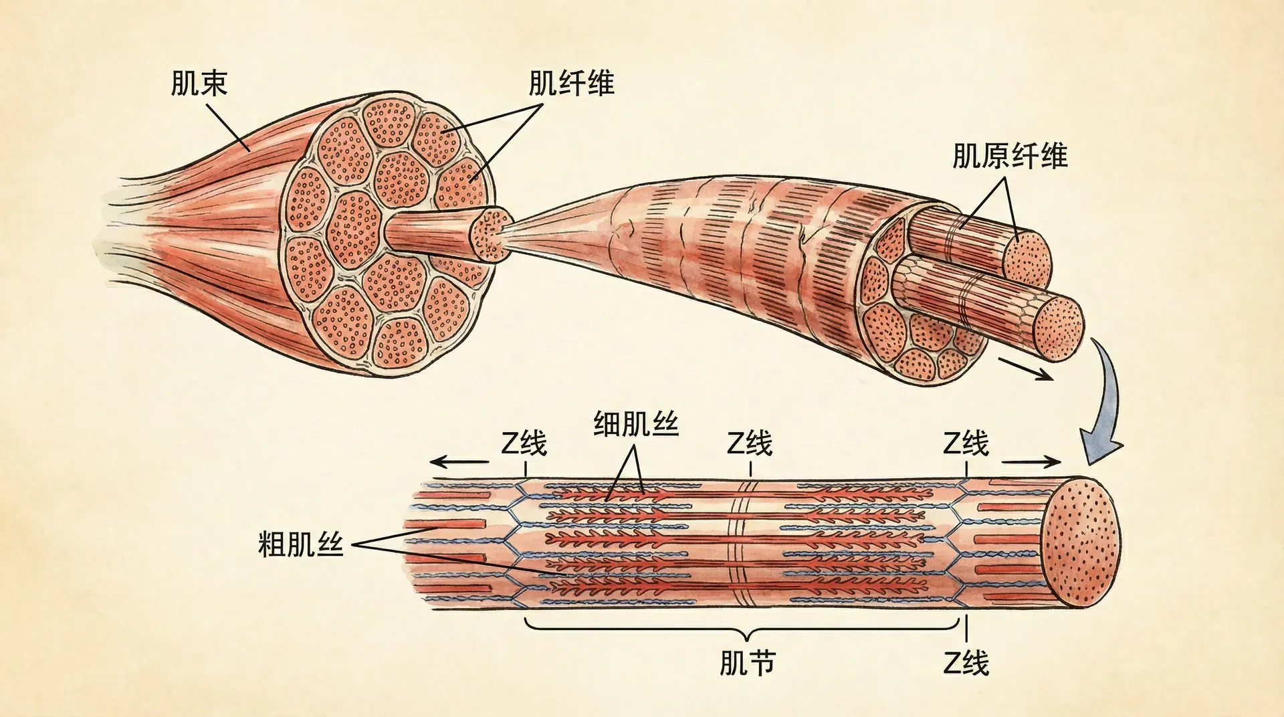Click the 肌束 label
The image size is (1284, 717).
pos(199,84)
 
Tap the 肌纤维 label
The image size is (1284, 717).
pos(571,84)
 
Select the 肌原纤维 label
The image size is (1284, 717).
pos(1010,156)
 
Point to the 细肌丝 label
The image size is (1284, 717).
pos(636,424)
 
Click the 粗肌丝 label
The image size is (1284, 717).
pos(300,544)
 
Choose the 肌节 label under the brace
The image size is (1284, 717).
pos(747,663)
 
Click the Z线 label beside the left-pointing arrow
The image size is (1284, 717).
pos(524,443)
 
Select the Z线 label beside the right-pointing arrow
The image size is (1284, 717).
pos(966,443)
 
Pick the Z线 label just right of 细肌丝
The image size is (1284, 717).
pos(750,443)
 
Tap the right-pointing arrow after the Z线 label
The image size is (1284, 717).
pos(1031,462)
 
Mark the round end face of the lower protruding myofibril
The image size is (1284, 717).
pos(1059,328)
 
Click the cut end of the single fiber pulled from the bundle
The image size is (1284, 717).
pos(492,235)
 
